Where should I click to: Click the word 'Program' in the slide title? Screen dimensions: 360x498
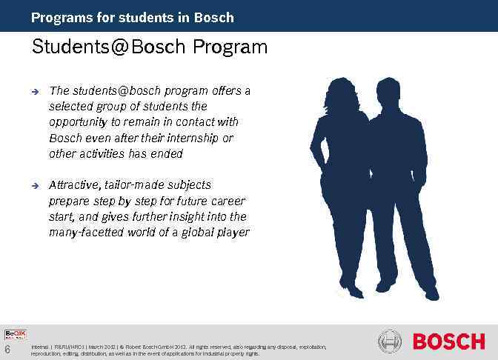(x=230, y=48)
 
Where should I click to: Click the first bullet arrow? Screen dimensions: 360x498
(x=34, y=92)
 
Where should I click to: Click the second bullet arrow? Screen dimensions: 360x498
(x=34, y=185)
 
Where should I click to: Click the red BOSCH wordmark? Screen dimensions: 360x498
(x=448, y=341)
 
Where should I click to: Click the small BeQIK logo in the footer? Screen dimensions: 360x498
(x=16, y=336)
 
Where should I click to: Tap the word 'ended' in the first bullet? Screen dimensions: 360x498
(x=166, y=154)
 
